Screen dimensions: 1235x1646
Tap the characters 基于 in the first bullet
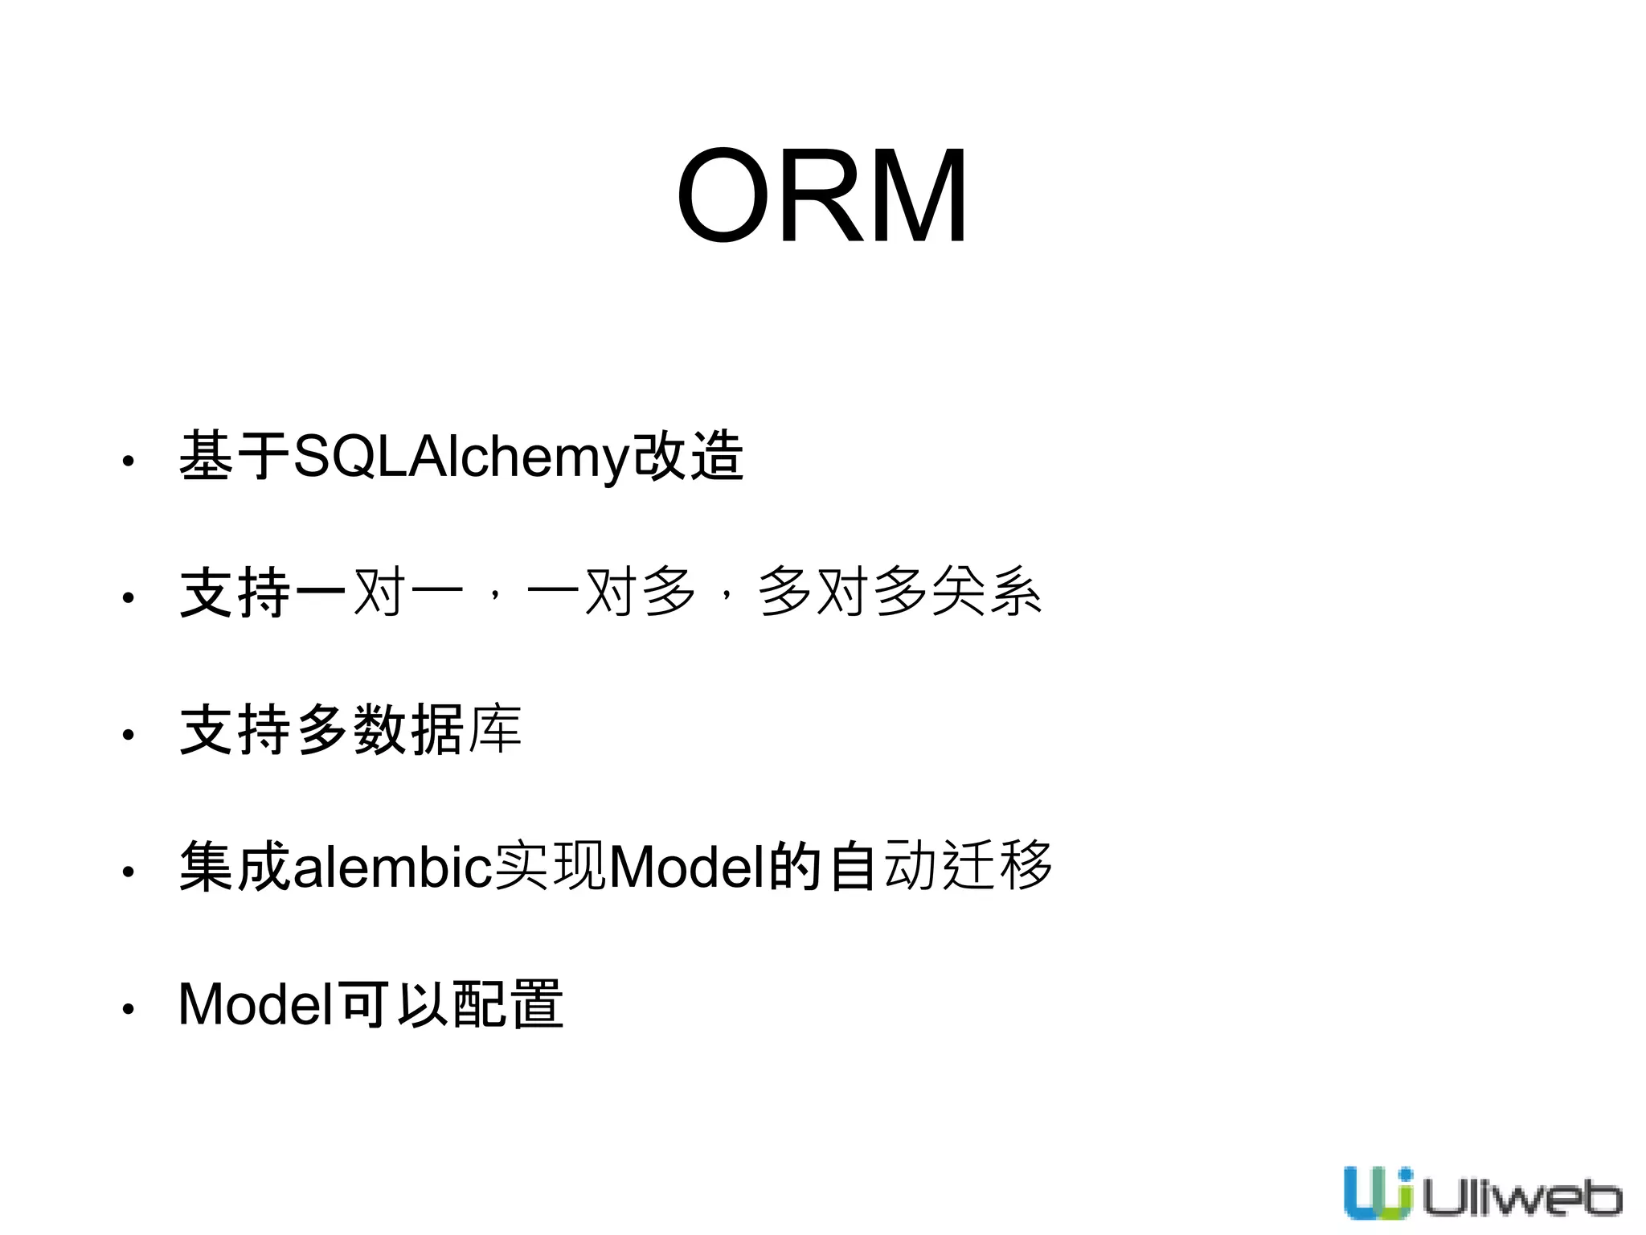tap(235, 456)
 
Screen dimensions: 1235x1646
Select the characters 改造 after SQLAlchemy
tap(688, 456)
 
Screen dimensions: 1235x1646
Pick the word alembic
tap(392, 867)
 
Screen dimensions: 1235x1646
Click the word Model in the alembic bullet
tap(687, 867)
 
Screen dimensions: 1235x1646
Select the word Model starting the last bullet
tap(256, 1004)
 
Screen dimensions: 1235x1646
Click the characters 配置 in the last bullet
tap(508, 1004)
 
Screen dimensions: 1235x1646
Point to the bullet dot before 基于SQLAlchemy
tap(127, 462)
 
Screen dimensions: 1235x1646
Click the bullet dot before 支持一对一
tap(127, 597)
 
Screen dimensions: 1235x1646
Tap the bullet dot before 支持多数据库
tap(127, 734)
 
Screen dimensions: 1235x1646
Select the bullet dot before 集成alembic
tap(127, 871)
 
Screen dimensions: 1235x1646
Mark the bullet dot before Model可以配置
tap(127, 1008)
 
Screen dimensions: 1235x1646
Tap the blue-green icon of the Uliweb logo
tap(1377, 1192)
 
